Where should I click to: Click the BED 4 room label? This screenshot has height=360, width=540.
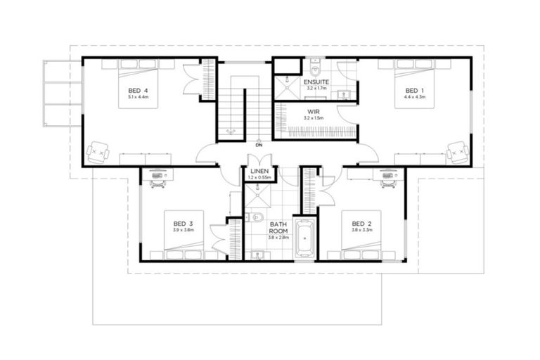pyautogui.click(x=138, y=91)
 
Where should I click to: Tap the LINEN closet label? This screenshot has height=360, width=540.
pyautogui.click(x=257, y=171)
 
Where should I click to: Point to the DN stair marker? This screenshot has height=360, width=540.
pyautogui.click(x=259, y=145)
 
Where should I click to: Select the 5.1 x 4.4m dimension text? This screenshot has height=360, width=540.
pyautogui.click(x=138, y=98)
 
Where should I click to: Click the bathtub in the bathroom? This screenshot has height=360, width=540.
pyautogui.click(x=304, y=238)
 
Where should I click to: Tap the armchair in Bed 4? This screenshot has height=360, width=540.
pyautogui.click(x=98, y=149)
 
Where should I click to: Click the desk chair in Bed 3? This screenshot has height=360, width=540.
pyautogui.click(x=156, y=182)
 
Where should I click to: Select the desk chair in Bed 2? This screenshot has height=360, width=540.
pyautogui.click(x=387, y=182)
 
